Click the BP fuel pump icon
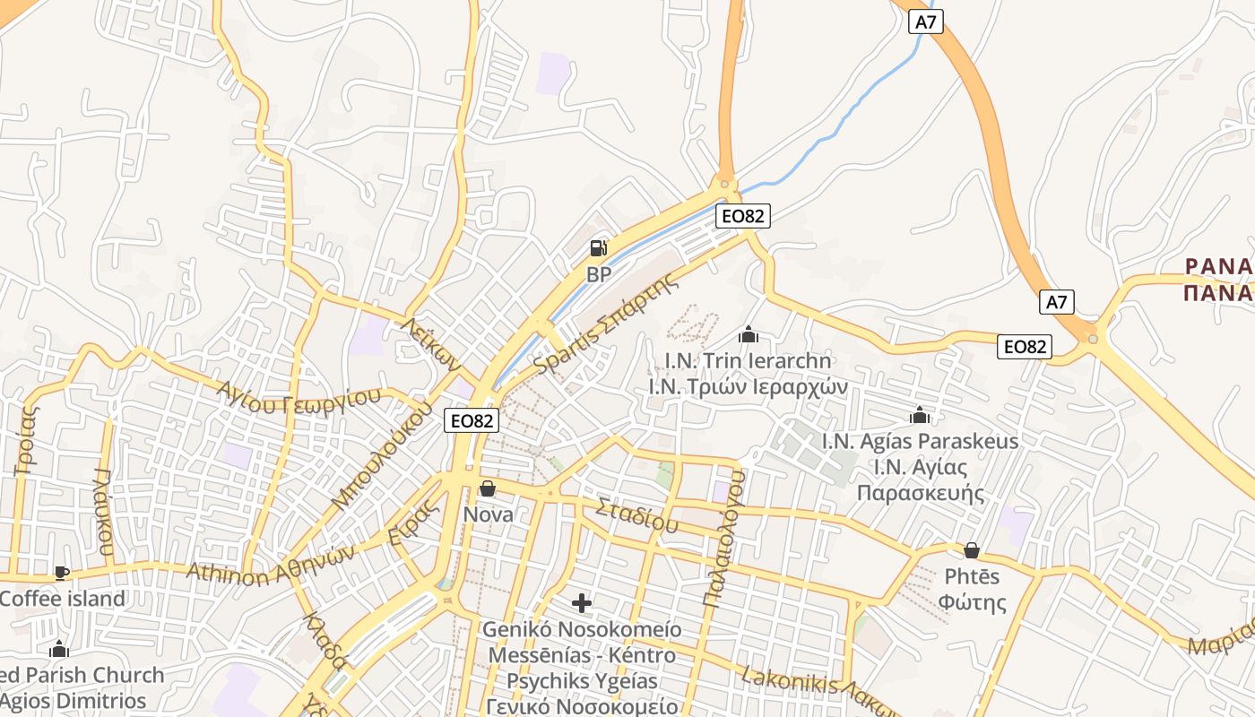click(599, 248)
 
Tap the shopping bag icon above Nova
click(488, 488)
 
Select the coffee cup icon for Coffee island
click(61, 573)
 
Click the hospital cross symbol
click(582, 603)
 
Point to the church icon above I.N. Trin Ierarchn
click(749, 335)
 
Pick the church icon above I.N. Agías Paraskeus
click(920, 416)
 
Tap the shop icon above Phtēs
click(972, 550)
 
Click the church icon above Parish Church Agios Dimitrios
click(59, 650)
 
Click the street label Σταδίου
click(637, 514)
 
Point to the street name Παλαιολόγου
click(725, 538)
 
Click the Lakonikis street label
click(790, 683)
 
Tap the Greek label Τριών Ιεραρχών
click(748, 387)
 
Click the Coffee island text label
click(63, 599)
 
